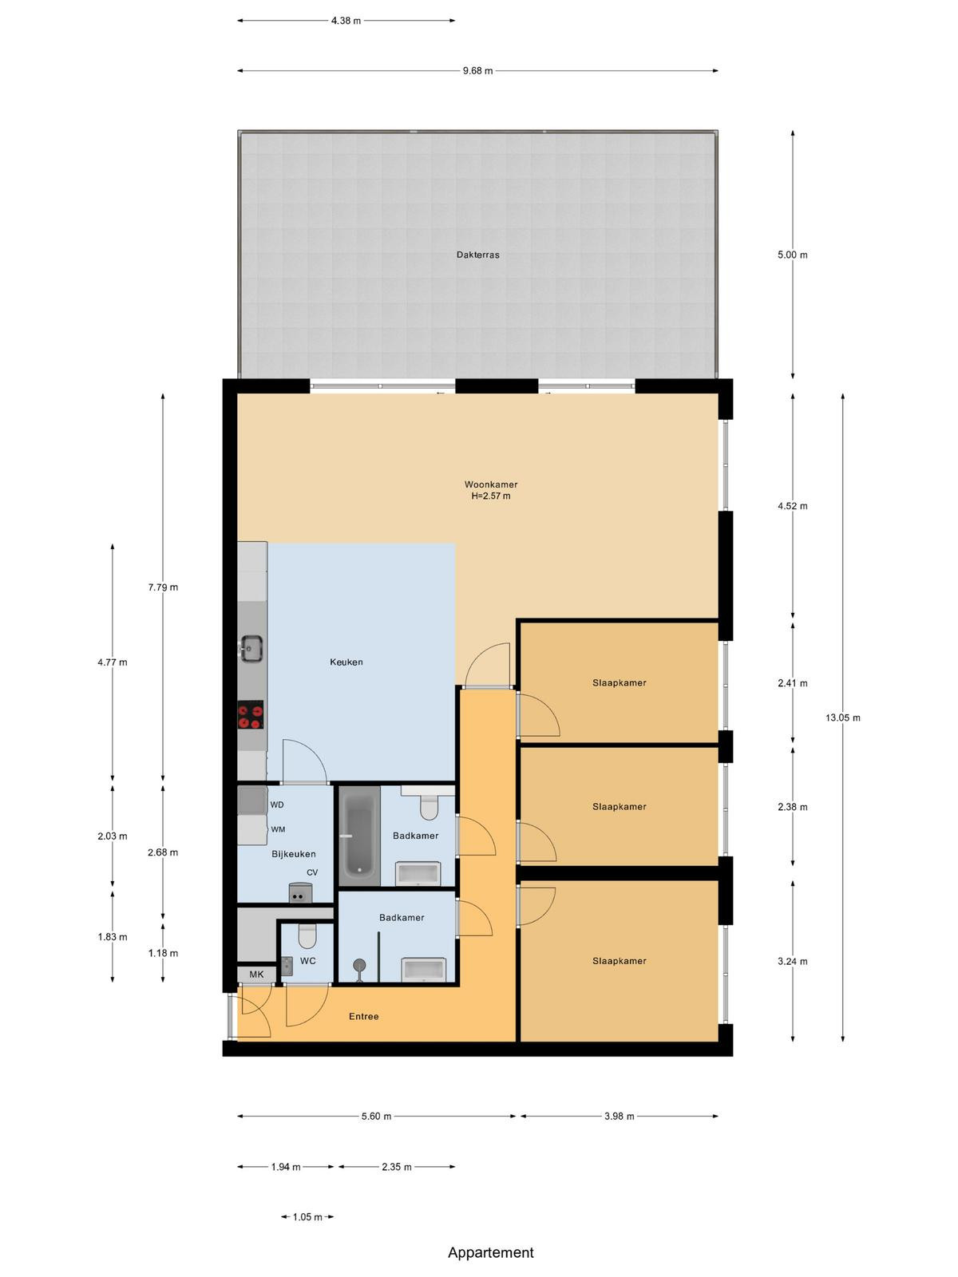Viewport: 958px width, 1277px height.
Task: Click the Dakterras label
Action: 477,255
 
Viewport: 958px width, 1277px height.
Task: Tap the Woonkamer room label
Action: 491,484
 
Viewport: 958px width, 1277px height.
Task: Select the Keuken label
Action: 346,662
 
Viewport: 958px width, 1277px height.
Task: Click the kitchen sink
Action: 251,649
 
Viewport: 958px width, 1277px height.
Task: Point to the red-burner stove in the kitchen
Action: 251,715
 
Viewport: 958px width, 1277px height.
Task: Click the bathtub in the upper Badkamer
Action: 359,836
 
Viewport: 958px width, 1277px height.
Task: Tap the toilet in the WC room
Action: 307,936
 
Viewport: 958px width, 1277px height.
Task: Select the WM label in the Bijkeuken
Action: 278,829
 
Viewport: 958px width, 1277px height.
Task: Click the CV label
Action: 312,872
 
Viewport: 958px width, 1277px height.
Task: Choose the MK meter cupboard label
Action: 256,975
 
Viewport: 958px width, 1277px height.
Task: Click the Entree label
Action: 363,1016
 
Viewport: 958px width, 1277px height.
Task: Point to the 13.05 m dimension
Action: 843,718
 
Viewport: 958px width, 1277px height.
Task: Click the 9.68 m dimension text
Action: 477,71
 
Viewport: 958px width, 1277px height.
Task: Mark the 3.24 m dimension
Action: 792,962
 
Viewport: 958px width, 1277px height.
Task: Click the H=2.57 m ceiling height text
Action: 491,496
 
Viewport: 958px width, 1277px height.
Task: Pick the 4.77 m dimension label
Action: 113,662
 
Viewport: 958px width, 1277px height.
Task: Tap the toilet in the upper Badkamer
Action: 429,806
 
